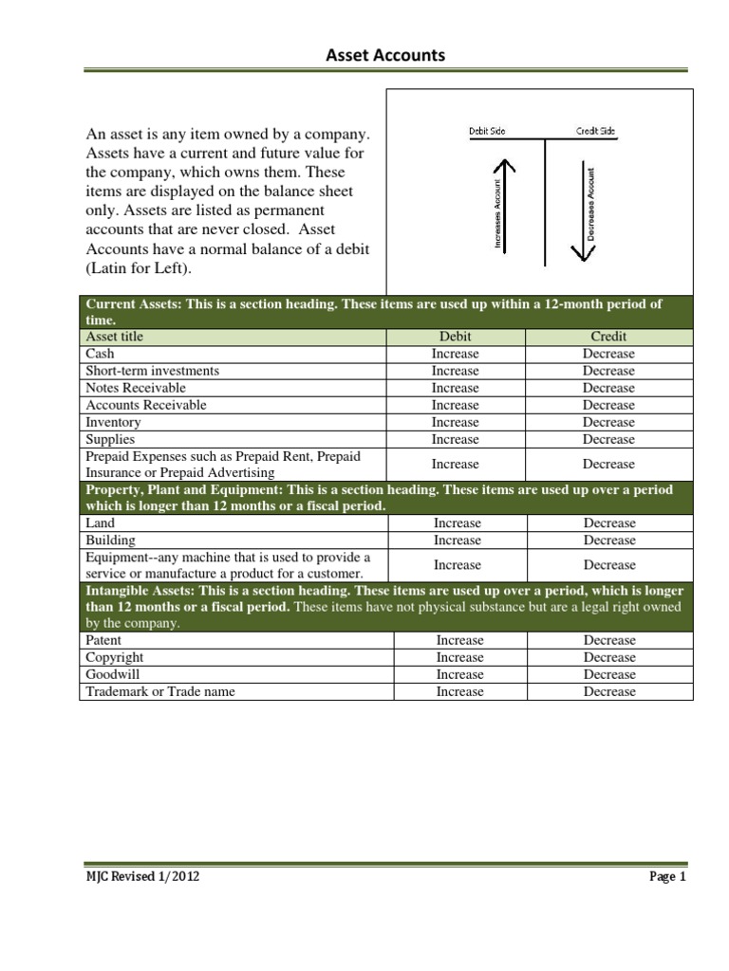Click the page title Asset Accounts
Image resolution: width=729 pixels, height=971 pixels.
[x=384, y=55]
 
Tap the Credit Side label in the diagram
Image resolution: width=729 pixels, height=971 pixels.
[x=596, y=132]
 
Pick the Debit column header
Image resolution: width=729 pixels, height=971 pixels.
[x=455, y=337]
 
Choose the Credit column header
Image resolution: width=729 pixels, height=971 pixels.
[x=608, y=337]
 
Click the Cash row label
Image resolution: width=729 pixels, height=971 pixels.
[x=100, y=354]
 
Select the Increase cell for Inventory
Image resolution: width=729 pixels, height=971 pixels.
[x=455, y=422]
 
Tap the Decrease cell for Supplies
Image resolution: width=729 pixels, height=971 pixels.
[x=608, y=439]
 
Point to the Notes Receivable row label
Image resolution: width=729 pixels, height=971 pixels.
[x=136, y=388]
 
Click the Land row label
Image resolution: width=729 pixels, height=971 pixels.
[x=100, y=522]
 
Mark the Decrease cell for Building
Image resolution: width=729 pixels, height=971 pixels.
[x=609, y=540]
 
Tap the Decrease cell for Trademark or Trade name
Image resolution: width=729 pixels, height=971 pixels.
[x=609, y=691]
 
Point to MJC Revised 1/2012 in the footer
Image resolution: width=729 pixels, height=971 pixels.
[x=142, y=877]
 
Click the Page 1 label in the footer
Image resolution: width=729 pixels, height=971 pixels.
[x=667, y=877]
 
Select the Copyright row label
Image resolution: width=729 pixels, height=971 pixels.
[x=115, y=657]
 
